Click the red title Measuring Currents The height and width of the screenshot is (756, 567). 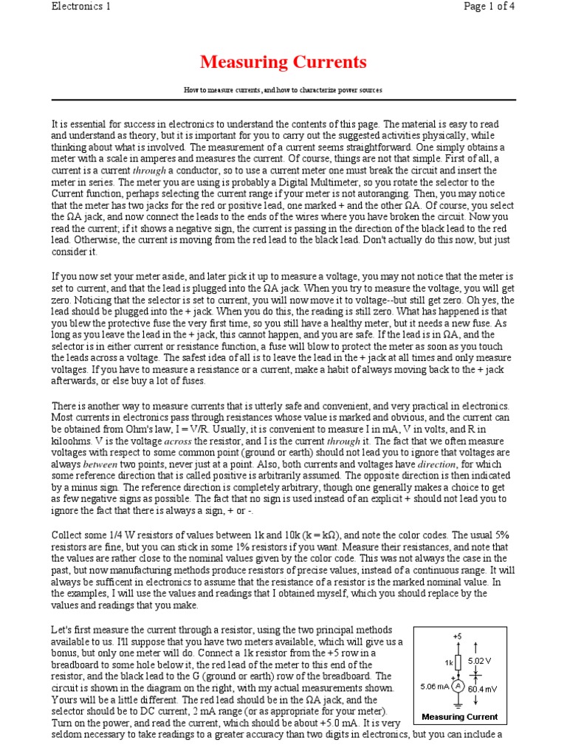283,61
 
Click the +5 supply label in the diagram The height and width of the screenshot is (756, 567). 457,636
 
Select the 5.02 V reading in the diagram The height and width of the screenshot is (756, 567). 480,661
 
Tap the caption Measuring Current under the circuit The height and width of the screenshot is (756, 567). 459,716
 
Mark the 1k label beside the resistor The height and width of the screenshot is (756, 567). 448,662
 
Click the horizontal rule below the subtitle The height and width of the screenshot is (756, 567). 283,100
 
